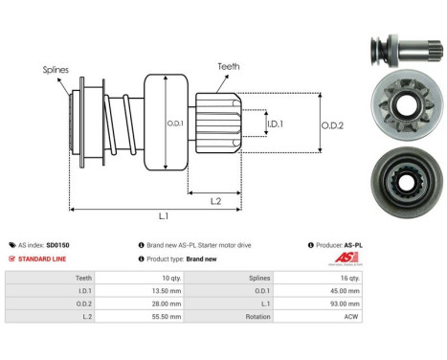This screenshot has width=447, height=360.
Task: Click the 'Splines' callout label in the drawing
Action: (x=55, y=70)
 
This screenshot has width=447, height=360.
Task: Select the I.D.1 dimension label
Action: (x=274, y=124)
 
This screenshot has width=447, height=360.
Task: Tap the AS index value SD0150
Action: (x=84, y=245)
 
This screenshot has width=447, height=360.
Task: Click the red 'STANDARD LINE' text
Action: (x=43, y=259)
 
